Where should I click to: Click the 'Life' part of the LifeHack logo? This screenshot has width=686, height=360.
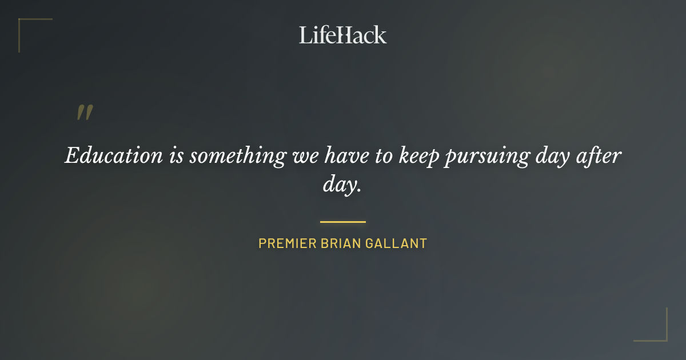[316, 35]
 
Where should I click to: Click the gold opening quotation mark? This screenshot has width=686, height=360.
[85, 113]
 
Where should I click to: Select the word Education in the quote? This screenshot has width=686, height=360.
[114, 155]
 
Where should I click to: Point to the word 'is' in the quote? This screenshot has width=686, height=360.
[176, 155]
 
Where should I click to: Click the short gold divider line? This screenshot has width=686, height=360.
[343, 222]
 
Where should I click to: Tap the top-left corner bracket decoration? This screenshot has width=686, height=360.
[23, 23]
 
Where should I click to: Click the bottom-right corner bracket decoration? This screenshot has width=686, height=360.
[663, 337]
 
